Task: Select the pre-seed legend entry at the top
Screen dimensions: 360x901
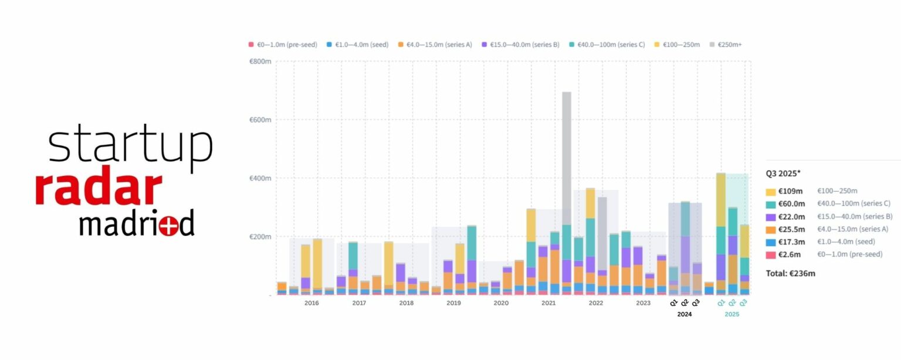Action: [283, 45]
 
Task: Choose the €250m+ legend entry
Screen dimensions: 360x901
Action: [729, 45]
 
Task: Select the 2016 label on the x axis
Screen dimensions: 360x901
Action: [311, 303]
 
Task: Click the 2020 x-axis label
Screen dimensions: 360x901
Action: [501, 303]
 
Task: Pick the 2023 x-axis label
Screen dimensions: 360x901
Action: [643, 303]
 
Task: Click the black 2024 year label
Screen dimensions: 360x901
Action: [684, 314]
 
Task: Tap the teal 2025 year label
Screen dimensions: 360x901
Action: [731, 314]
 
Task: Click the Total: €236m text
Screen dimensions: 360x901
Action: [790, 273]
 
